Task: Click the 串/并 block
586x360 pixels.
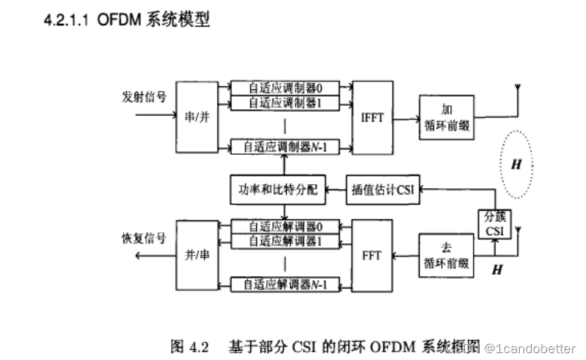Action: (x=196, y=117)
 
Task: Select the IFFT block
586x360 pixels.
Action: (x=372, y=117)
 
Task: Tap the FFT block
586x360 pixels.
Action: (x=372, y=255)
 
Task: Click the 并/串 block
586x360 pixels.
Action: (x=196, y=255)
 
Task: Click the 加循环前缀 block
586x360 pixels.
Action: (x=446, y=117)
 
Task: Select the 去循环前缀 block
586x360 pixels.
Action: (x=446, y=255)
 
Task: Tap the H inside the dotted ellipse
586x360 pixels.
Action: (x=516, y=164)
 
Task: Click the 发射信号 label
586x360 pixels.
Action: (x=144, y=97)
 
